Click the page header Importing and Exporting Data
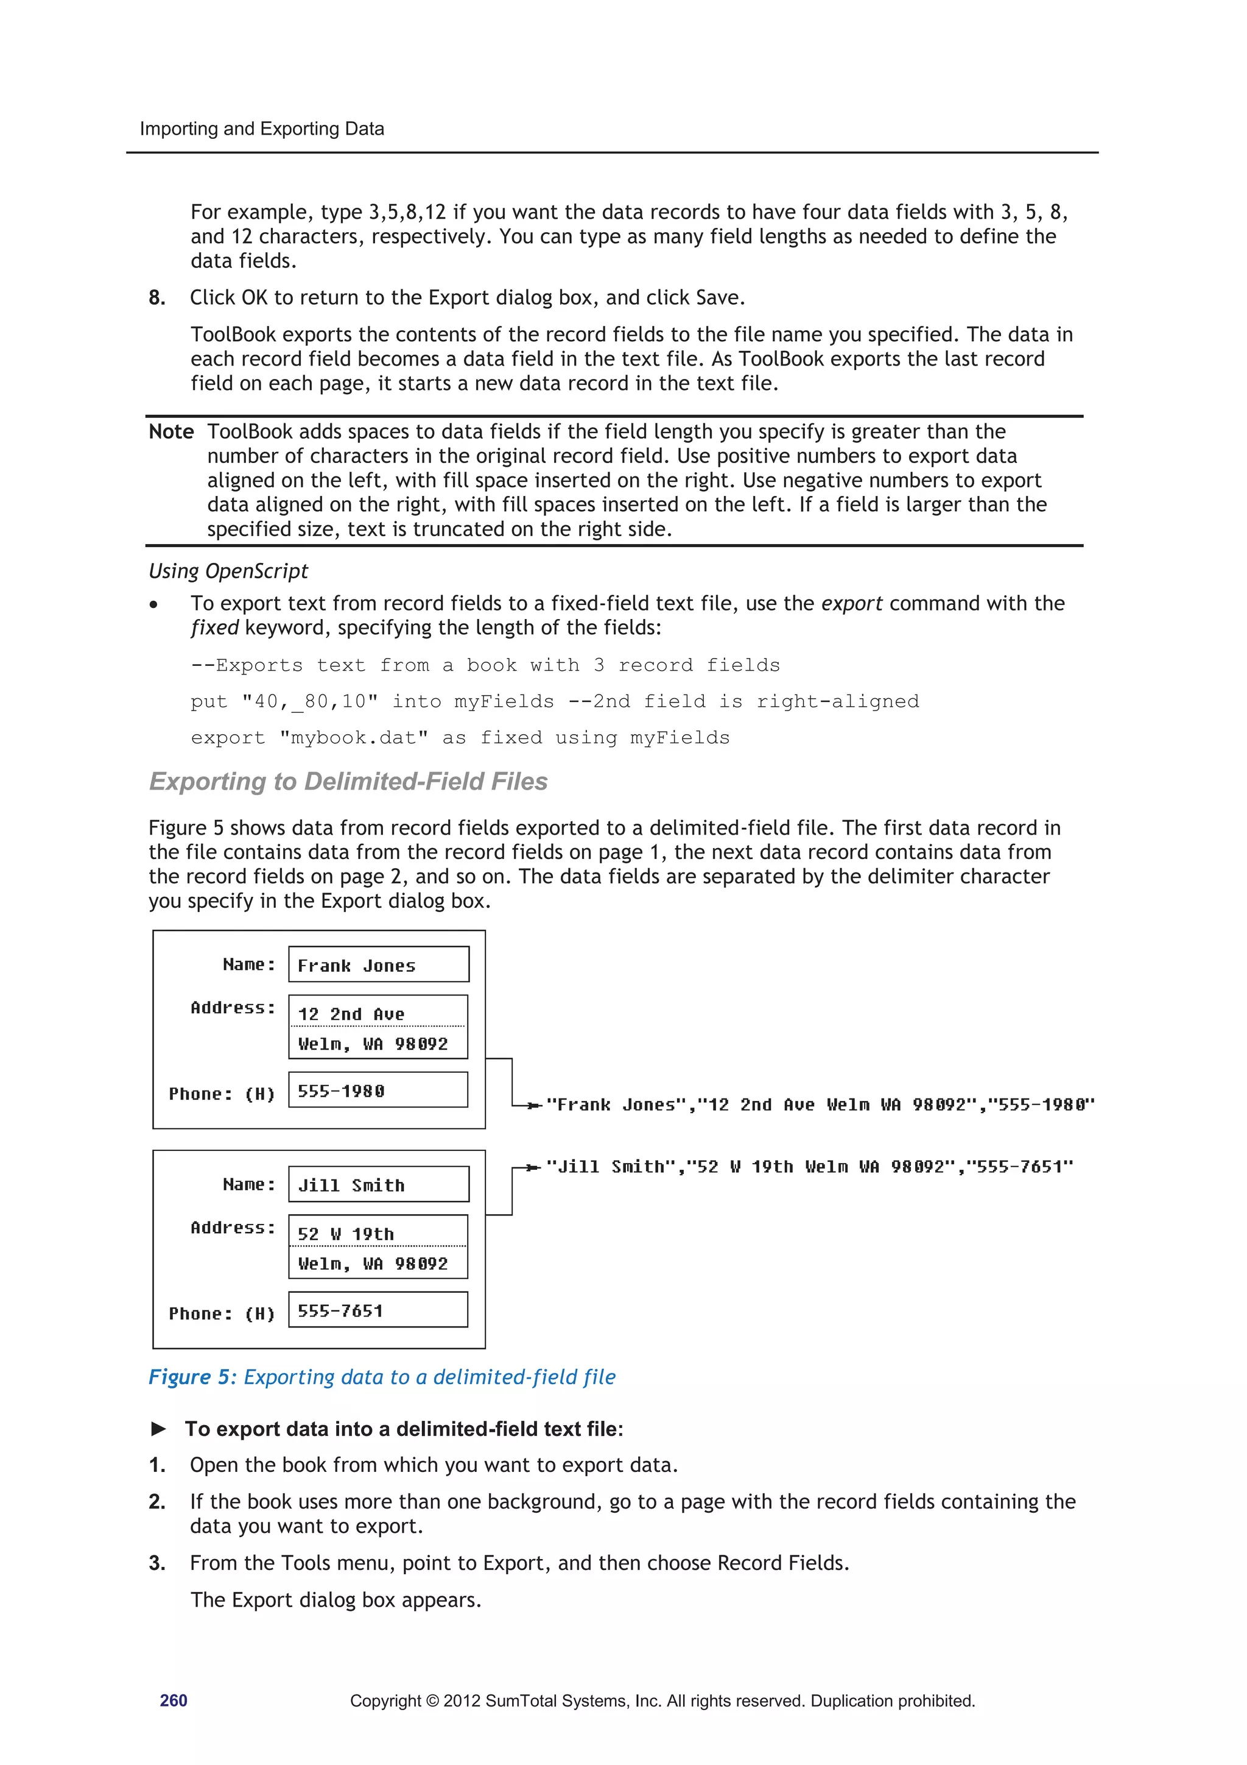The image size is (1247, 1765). coord(261,129)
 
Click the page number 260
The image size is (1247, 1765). coord(173,1700)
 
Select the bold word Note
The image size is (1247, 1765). coord(170,431)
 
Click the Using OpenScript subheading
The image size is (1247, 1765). coord(228,570)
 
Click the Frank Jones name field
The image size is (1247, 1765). coord(378,965)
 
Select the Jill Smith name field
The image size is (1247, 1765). coord(378,1184)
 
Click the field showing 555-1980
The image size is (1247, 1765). coord(378,1090)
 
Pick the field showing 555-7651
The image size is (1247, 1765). coord(378,1310)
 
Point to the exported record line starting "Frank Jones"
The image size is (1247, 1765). coord(819,1105)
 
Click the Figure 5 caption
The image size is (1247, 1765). coord(382,1377)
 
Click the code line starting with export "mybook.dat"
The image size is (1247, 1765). coord(460,737)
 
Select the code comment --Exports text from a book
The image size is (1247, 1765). coord(485,665)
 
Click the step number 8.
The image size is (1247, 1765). coord(156,297)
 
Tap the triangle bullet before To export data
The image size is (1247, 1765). coord(159,1428)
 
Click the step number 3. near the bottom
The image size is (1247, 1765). coord(156,1563)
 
